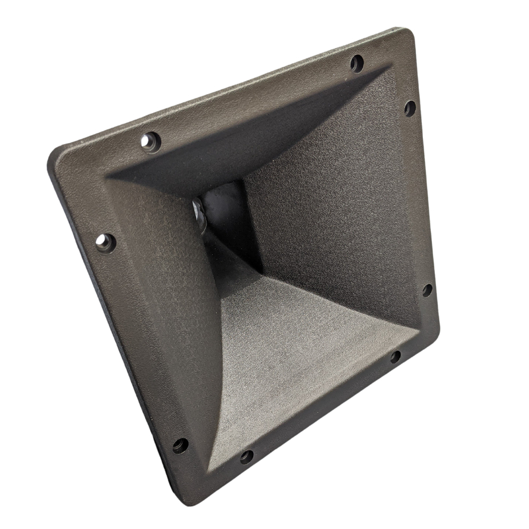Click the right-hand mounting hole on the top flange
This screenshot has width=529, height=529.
(357, 63)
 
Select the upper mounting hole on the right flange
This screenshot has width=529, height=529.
(410, 108)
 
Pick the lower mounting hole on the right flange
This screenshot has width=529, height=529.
(427, 290)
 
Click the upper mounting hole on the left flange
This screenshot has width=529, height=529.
(105, 242)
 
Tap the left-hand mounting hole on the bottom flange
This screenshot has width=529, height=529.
(246, 457)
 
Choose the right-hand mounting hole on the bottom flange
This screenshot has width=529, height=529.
(395, 357)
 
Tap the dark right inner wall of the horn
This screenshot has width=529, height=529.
(334, 197)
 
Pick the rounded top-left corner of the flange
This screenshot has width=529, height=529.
(57, 156)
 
